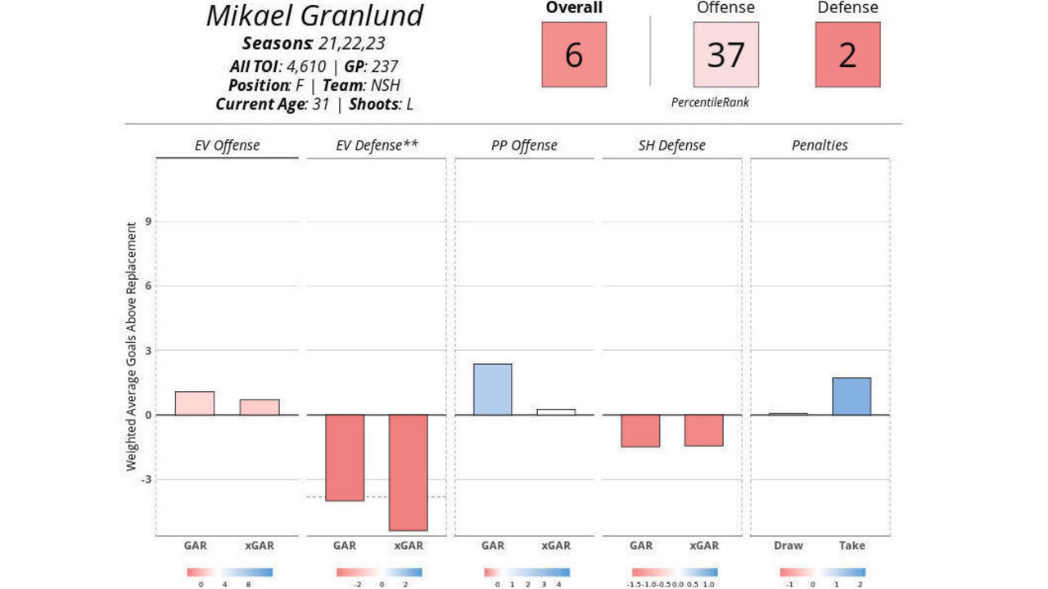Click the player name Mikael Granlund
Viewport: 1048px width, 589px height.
314,16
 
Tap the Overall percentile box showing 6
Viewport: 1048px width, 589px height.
574,55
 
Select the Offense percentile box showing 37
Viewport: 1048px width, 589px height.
725,55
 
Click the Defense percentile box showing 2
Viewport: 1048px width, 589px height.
847,55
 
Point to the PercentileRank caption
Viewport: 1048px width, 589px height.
710,102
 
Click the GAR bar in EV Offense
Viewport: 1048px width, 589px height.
195,403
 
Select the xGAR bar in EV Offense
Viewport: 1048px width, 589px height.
260,407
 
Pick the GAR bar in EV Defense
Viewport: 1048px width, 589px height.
345,457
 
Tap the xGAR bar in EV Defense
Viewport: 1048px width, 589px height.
409,472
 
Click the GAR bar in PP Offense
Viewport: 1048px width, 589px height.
493,389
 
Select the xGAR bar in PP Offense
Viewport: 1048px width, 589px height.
556,411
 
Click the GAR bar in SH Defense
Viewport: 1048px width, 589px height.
640,430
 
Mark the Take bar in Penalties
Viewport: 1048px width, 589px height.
851,396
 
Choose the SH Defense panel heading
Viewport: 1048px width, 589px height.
671,146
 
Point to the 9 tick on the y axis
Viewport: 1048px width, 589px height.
148,222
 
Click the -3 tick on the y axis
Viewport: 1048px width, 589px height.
146,479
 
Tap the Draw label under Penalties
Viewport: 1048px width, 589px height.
788,546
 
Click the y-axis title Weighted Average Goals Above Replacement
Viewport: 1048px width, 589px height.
131,346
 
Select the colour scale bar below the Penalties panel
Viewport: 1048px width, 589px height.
822,573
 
